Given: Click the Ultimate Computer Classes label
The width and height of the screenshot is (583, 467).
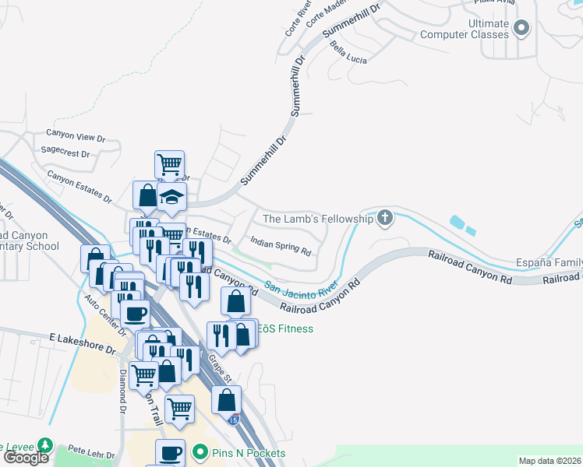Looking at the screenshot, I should tap(465, 29).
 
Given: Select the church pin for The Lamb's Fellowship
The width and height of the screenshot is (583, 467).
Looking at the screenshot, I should tap(384, 218).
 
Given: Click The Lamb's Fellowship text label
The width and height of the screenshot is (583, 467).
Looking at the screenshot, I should tap(318, 219).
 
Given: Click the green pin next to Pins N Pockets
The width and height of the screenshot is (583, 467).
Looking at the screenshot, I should tap(200, 452).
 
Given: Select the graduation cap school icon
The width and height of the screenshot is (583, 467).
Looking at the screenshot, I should tap(171, 198).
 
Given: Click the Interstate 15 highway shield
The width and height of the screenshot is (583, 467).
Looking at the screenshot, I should tap(234, 420).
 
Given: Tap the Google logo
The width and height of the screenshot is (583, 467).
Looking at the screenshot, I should tap(26, 458).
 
